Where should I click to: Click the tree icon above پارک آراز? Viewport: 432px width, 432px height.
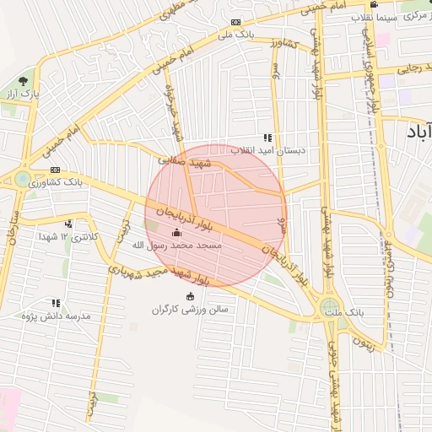(23, 80)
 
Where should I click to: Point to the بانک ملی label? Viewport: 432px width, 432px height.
(235, 35)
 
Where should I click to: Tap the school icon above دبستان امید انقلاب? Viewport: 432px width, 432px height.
(267, 138)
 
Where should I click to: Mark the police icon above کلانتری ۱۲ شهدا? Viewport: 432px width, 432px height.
(67, 224)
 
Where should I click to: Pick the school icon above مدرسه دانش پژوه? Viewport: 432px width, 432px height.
(57, 303)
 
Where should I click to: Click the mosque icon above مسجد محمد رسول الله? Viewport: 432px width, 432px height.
(176, 233)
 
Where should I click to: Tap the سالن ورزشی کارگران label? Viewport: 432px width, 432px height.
(190, 309)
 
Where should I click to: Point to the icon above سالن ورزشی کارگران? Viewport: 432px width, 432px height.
(189, 296)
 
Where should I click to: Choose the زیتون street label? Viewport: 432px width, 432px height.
(363, 340)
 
